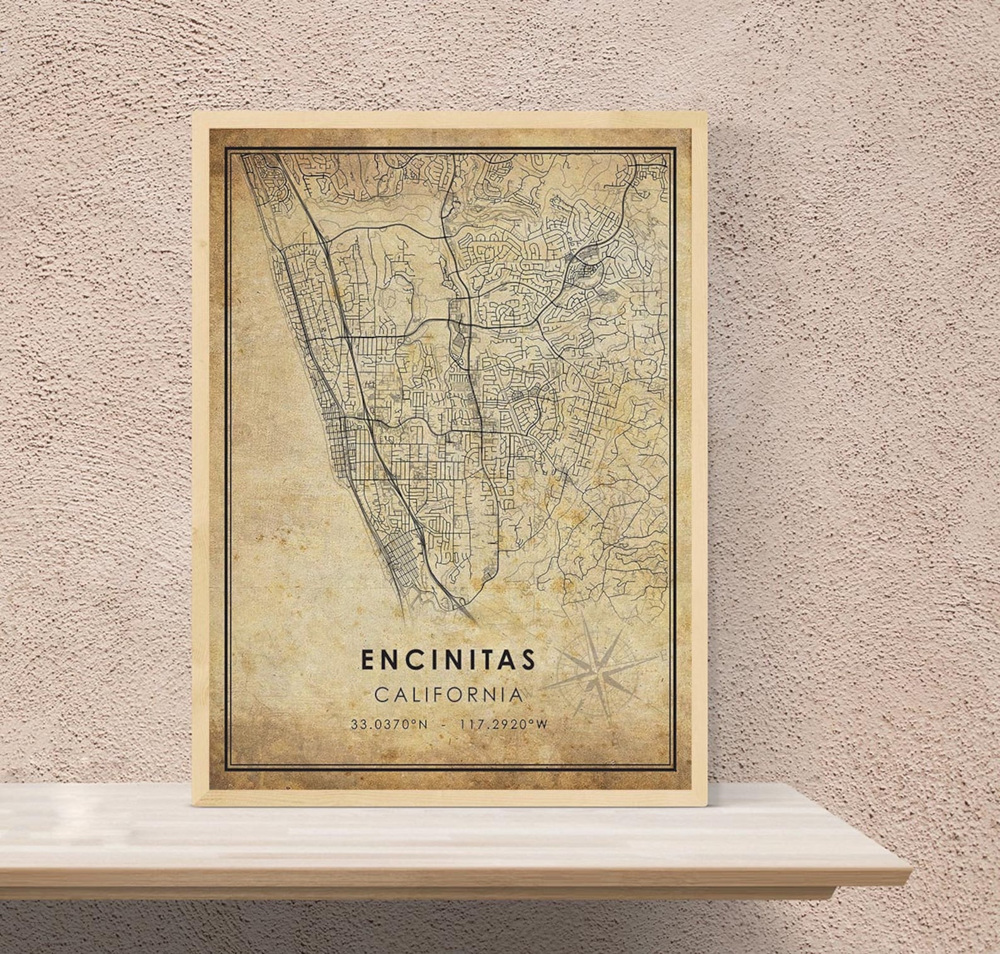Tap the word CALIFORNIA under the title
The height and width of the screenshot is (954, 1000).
tap(448, 695)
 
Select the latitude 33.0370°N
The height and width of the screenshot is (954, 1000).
tap(389, 724)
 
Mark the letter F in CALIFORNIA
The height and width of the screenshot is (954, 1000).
tap(444, 695)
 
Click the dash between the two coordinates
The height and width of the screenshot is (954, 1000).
tap(445, 724)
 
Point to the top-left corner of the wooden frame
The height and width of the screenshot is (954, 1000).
tap(195, 113)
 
